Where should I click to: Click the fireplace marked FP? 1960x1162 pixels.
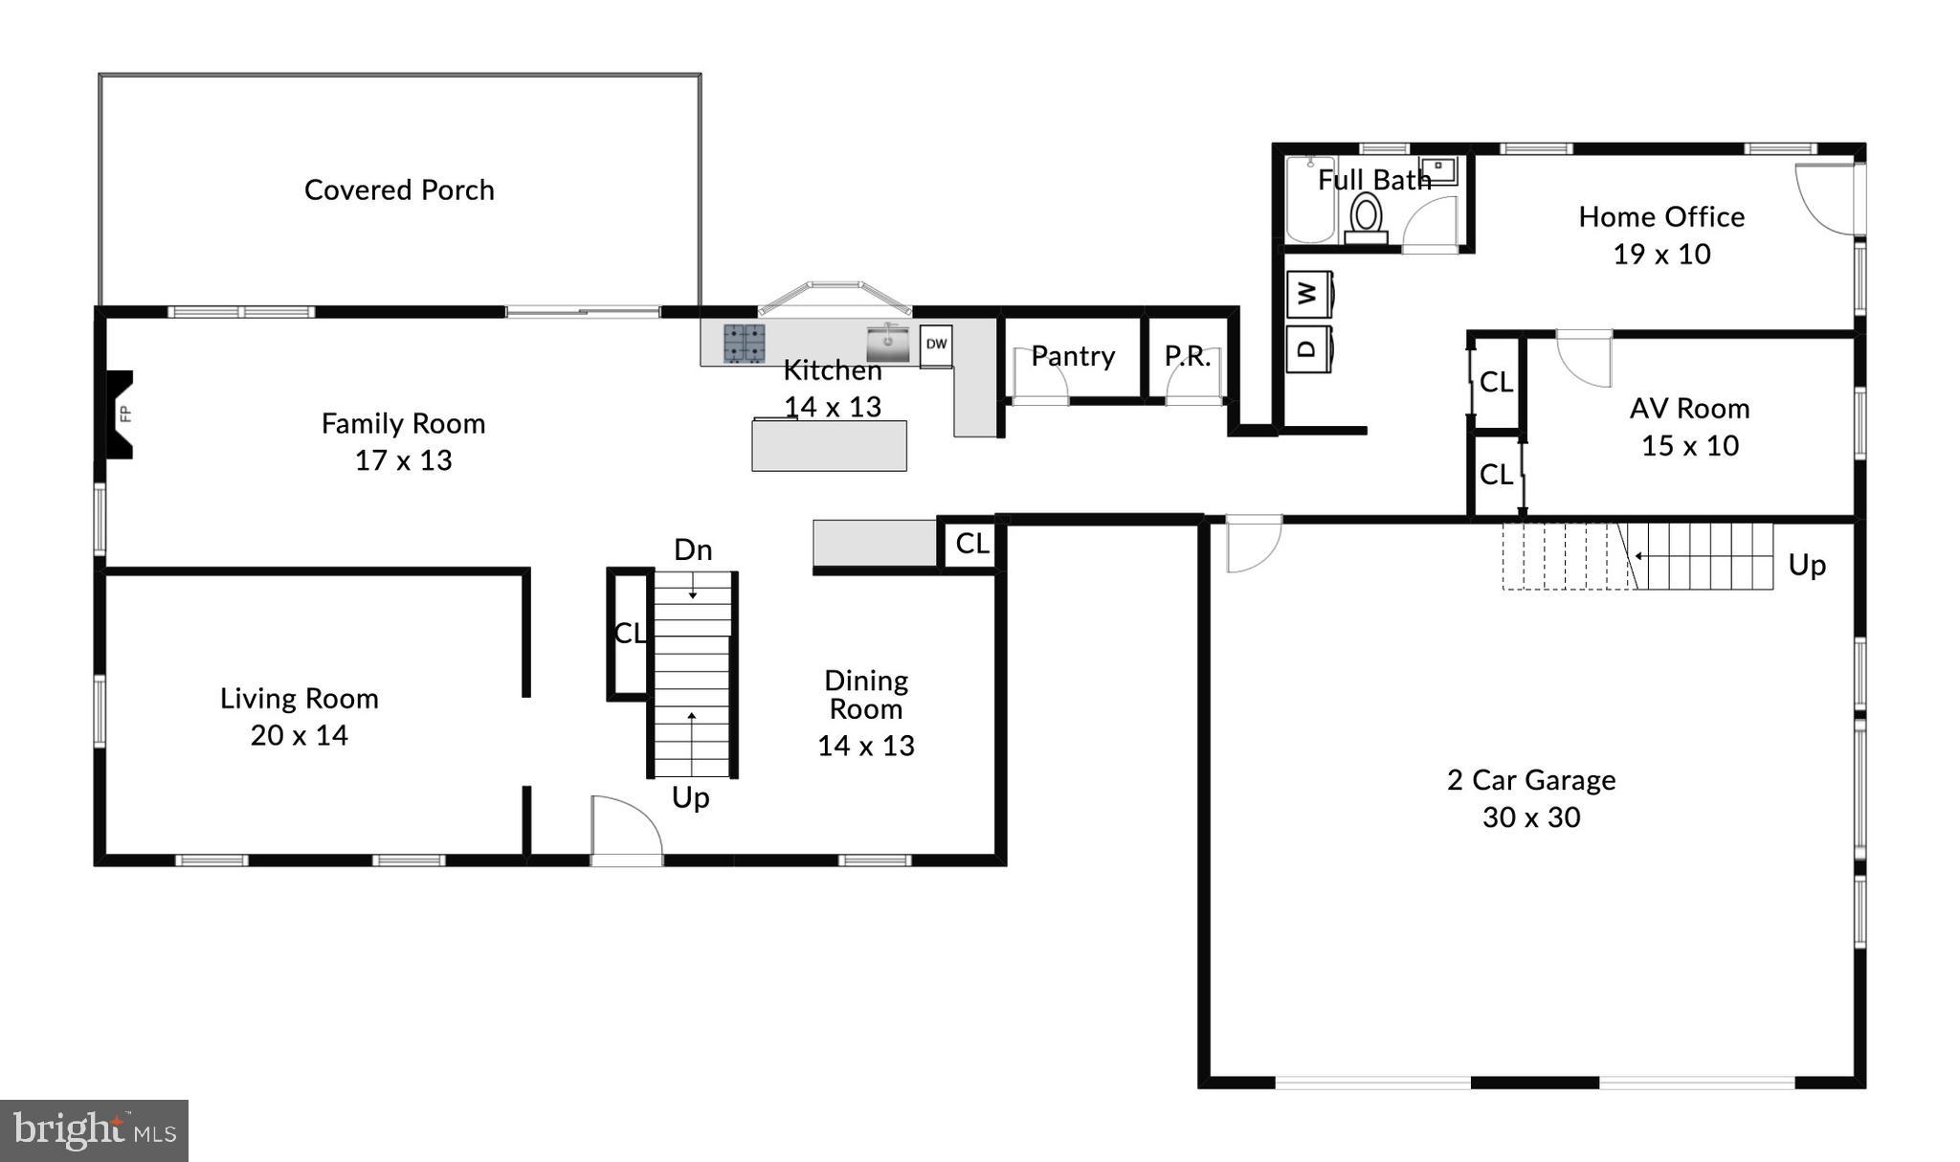120,414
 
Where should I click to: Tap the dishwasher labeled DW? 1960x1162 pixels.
936,345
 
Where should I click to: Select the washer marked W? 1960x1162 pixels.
1308,294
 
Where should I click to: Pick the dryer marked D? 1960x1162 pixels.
1308,347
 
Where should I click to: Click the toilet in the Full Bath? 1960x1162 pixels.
1366,216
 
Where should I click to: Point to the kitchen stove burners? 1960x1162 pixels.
744,343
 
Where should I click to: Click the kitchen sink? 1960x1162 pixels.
889,344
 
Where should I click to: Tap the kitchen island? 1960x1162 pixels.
829,446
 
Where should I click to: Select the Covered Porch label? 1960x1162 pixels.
399,190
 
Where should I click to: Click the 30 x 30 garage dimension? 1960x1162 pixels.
1531,817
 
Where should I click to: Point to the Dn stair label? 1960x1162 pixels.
693,549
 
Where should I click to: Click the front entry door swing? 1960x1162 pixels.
625,828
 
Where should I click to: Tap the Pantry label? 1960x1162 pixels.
1073,356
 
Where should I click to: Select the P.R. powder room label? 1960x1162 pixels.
1188,356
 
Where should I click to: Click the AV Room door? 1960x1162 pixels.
1585,358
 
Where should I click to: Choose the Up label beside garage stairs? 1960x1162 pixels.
1807,565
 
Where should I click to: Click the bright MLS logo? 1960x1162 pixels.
94,1130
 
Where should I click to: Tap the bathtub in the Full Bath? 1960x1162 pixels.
1309,201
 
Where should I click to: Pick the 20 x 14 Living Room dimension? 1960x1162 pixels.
299,735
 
